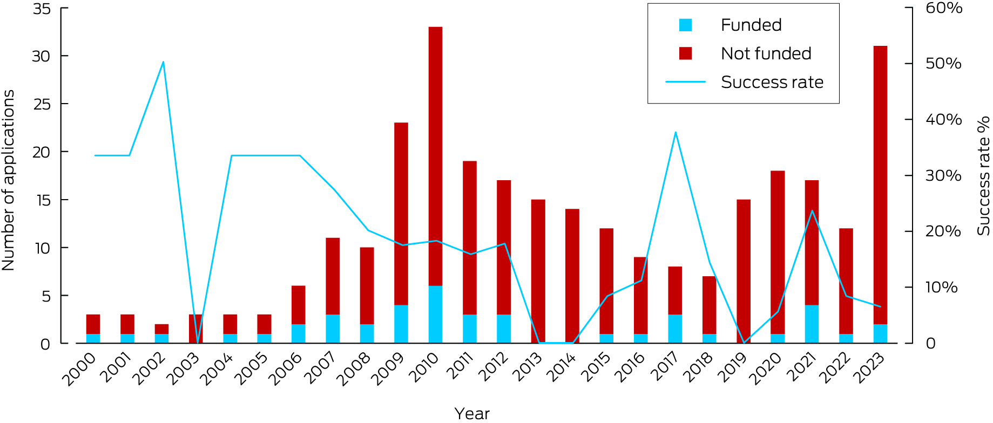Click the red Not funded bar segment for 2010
435,156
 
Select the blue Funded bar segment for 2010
435,314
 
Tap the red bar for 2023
880,183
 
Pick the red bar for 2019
744,270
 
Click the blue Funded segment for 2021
812,324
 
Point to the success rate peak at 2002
163,62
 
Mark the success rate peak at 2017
675,132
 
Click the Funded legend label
751,25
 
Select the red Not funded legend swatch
685,53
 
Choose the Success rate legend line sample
685,82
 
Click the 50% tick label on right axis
943,64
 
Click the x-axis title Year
472,413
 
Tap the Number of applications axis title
9,180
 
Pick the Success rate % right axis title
983,176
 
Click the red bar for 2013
538,270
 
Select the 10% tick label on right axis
941,288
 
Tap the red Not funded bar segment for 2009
401,213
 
